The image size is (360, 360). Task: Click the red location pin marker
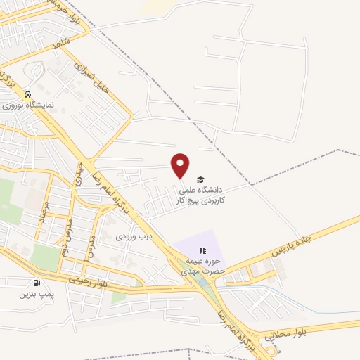coord(181,165)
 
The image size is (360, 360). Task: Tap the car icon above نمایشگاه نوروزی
coord(27,94)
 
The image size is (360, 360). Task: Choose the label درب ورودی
coord(134,236)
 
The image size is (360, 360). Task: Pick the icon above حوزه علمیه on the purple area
coord(202,250)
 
